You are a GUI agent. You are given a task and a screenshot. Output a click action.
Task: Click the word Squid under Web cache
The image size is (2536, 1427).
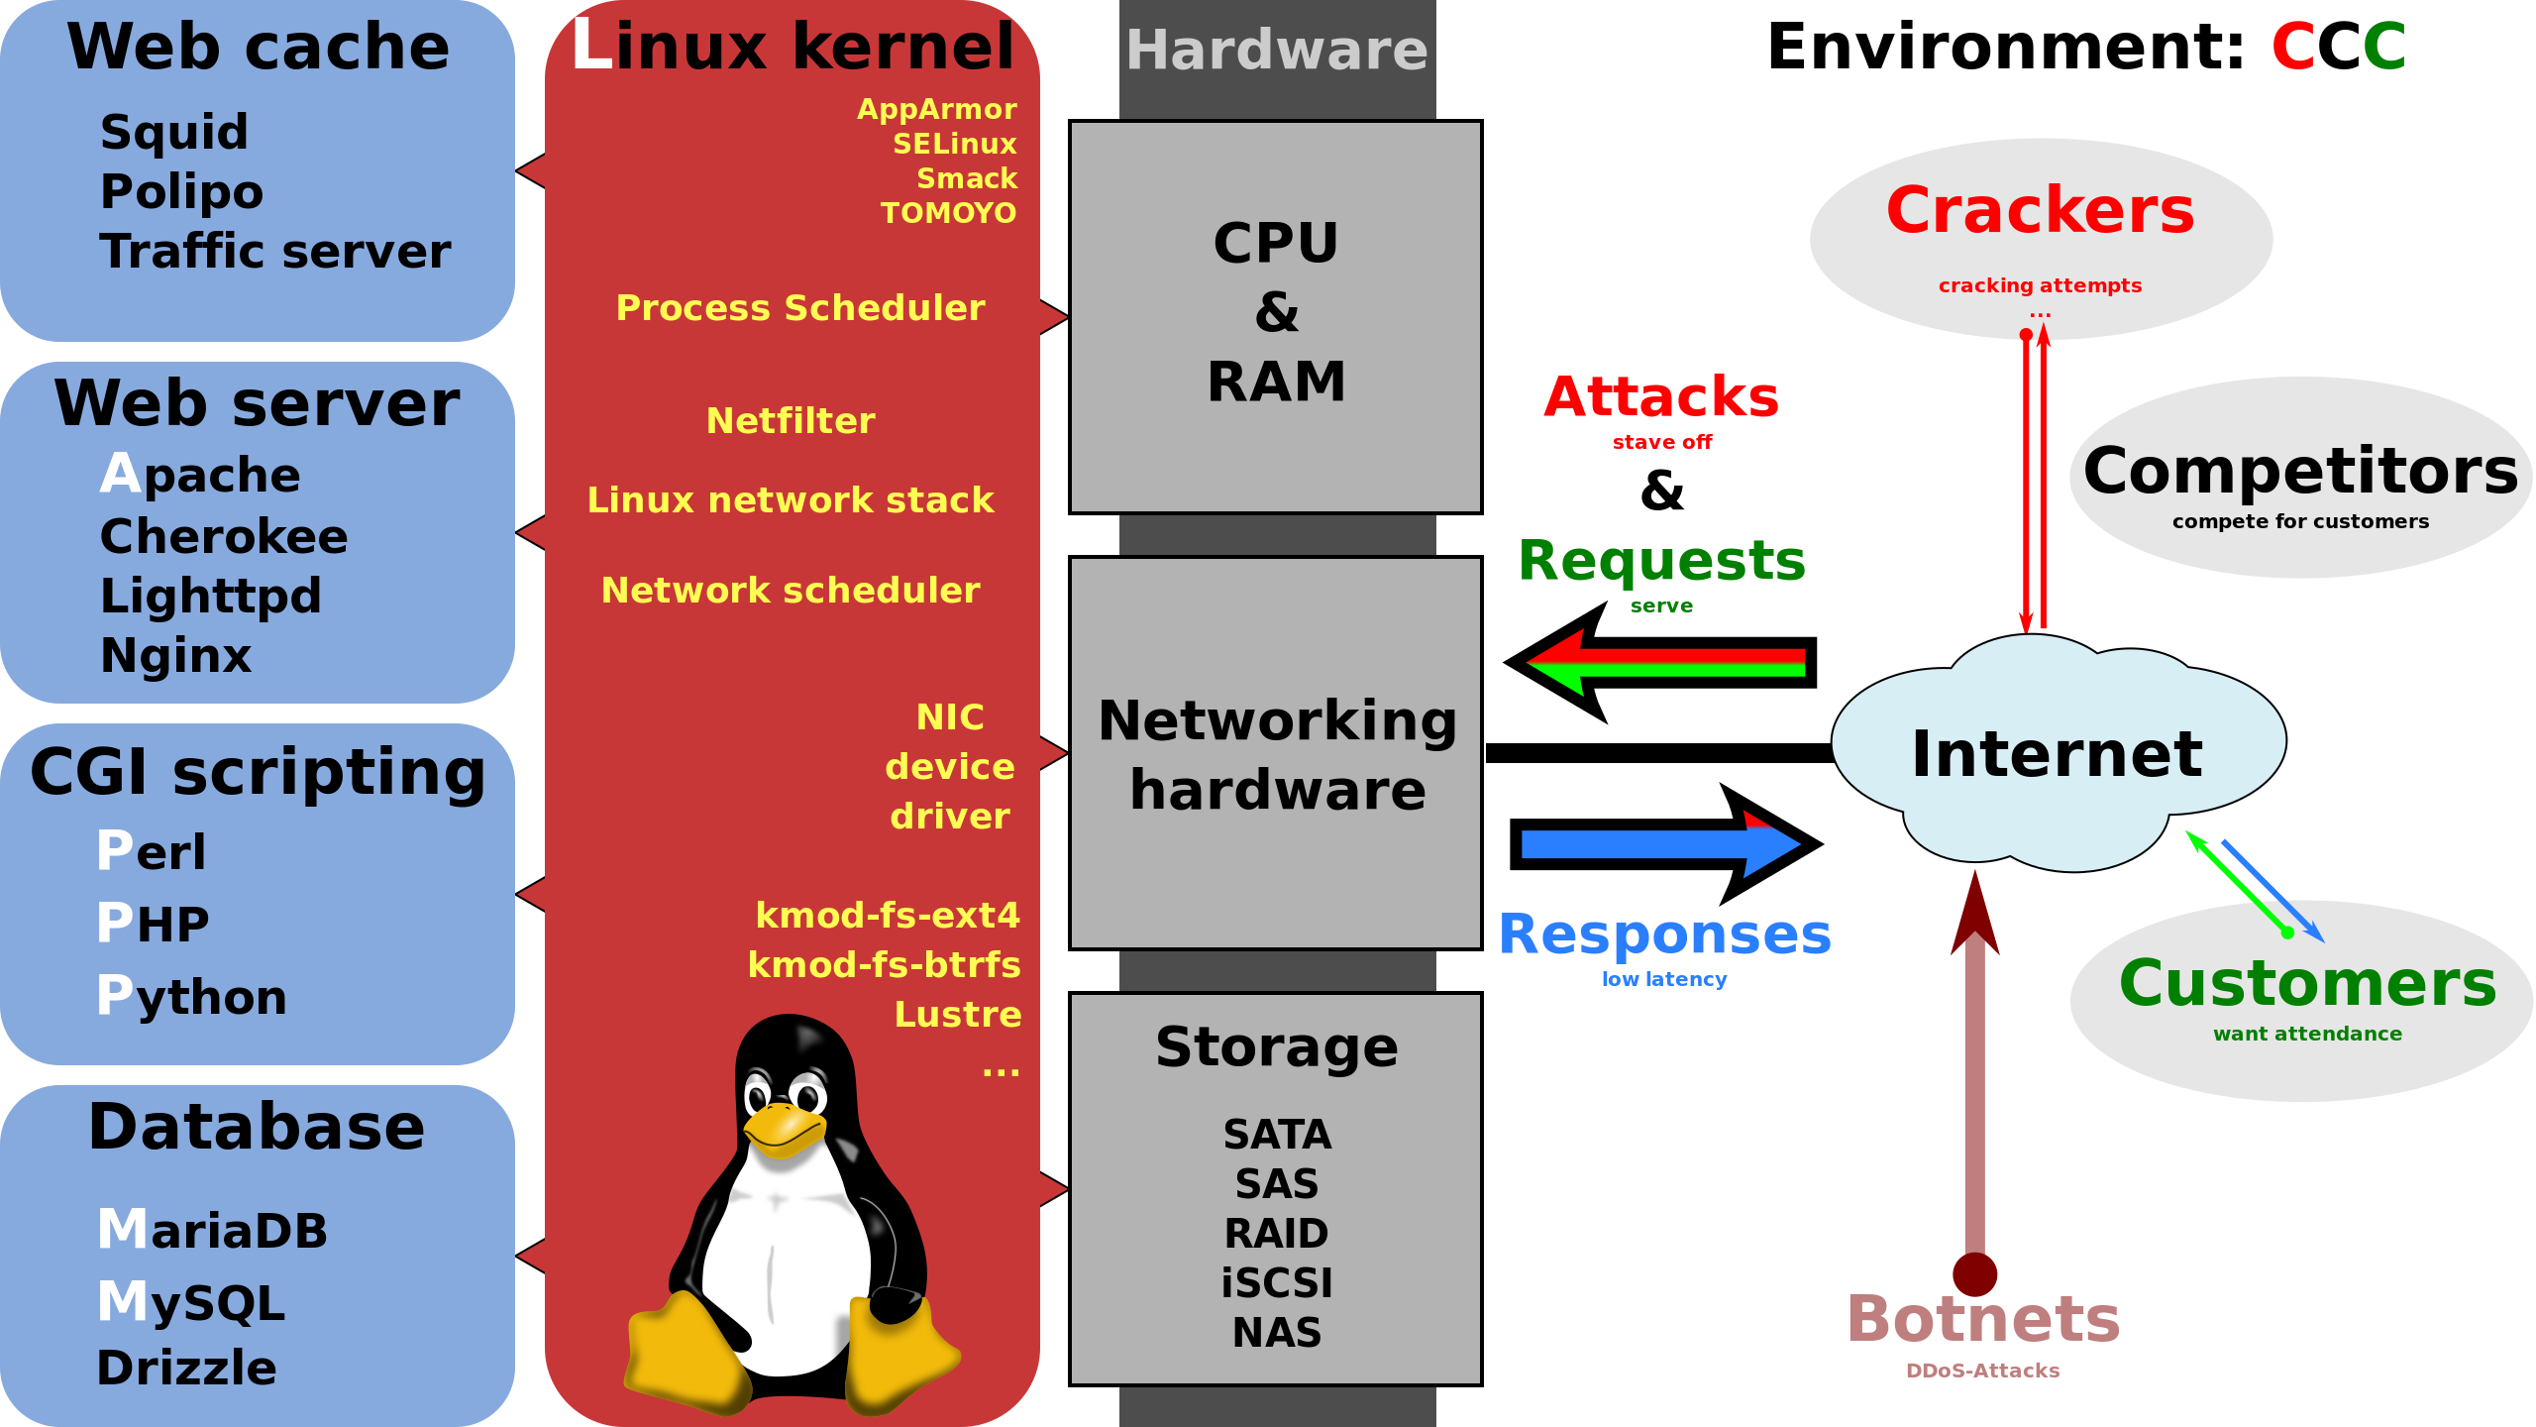[174, 133]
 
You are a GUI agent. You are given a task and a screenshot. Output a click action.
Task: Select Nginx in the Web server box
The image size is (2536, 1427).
[176, 656]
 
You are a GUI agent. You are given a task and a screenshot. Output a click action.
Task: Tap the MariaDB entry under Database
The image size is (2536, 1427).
[212, 1230]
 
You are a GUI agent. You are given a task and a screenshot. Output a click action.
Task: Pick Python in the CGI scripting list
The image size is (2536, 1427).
[192, 996]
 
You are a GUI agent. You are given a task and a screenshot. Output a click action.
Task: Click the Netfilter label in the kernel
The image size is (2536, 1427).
[791, 421]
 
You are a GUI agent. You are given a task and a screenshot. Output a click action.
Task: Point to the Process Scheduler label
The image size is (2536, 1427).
[800, 308]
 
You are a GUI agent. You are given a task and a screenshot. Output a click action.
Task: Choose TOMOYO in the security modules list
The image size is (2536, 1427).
[948, 213]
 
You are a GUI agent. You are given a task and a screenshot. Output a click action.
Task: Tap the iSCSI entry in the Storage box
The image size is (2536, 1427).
[1277, 1283]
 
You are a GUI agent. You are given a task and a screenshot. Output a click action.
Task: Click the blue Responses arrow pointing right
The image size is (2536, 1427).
[1660, 844]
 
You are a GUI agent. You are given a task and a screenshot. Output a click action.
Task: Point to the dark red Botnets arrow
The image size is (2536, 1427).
[1974, 1090]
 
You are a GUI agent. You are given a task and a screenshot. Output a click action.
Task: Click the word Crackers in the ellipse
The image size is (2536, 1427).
[2041, 210]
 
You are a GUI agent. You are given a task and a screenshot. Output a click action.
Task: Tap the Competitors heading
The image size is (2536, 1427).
[2300, 472]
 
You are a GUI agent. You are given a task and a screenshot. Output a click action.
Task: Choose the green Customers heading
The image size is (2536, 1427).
[2307, 983]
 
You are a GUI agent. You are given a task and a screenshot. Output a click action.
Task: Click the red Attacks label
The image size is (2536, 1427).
[1661, 398]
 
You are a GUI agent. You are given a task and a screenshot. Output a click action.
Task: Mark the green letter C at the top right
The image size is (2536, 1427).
[2383, 47]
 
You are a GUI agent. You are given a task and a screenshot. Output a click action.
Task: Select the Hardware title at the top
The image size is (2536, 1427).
[1277, 51]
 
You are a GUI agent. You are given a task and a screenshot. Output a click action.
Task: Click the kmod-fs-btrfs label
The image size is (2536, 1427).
[884, 964]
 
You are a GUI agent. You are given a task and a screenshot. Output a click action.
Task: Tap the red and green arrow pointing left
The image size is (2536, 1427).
[1664, 662]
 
